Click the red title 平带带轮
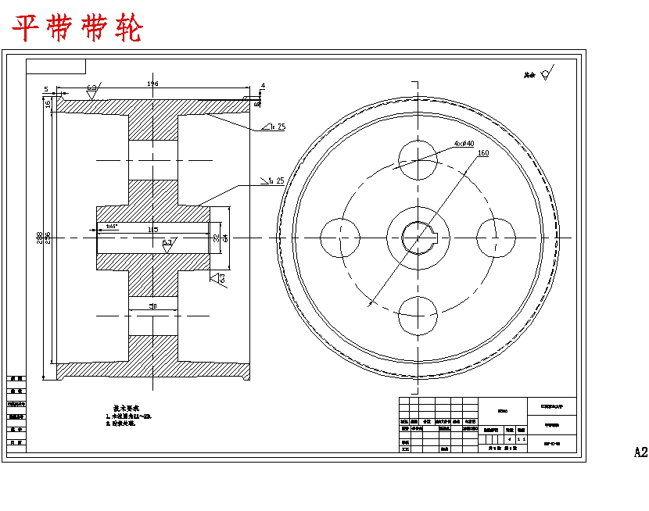click(x=77, y=29)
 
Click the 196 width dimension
click(x=152, y=83)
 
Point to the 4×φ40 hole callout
click(x=464, y=143)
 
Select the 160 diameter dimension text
click(x=483, y=153)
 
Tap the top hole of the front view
click(x=417, y=158)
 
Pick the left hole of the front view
click(x=340, y=237)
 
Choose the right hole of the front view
click(x=496, y=237)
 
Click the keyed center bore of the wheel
click(x=417, y=237)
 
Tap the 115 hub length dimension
click(x=152, y=230)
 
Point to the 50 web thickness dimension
click(x=153, y=307)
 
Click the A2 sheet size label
click(x=640, y=452)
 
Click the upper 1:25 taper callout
click(x=275, y=127)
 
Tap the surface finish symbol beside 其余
click(x=545, y=74)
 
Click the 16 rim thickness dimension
click(x=48, y=103)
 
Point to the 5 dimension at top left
click(x=46, y=89)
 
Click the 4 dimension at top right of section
click(x=263, y=85)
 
